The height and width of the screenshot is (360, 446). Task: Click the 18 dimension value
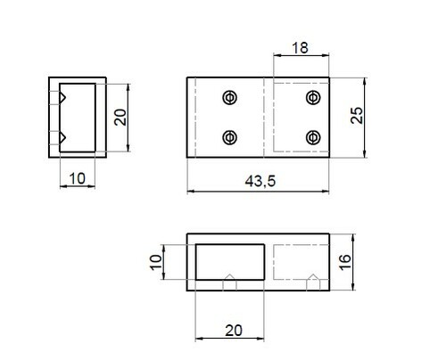coord(300,48)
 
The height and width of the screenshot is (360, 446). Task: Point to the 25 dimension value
coord(357,115)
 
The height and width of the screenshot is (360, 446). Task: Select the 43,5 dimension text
coord(260,181)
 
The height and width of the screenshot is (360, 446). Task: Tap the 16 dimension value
coord(345,262)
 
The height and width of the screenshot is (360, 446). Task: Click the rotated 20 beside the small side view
coord(120,118)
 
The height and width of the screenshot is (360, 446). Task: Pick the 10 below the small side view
coord(78,178)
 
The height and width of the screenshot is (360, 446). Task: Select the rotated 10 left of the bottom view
coord(156,262)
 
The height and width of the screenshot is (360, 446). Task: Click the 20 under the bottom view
coord(234,331)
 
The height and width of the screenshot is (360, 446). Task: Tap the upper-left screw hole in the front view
coord(230,97)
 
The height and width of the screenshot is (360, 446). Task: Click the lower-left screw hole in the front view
coord(230,137)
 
